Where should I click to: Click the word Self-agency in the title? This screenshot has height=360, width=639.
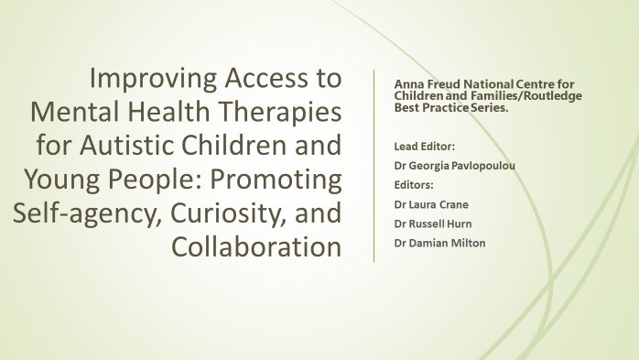(72, 212)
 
